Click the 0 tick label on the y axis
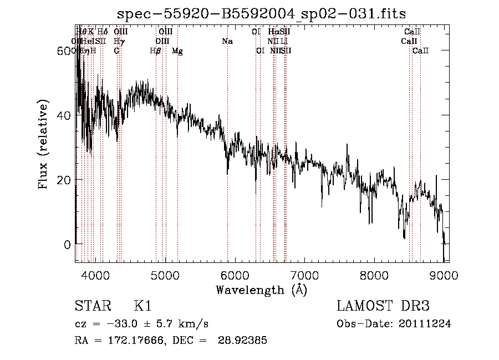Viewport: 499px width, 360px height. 68,244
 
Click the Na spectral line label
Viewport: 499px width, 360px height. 227,42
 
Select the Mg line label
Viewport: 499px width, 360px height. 177,51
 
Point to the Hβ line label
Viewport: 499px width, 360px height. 155,51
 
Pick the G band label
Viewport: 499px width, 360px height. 116,51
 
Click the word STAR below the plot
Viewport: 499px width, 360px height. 89,307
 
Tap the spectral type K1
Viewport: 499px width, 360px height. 142,307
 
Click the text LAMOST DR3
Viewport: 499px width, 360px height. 383,307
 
